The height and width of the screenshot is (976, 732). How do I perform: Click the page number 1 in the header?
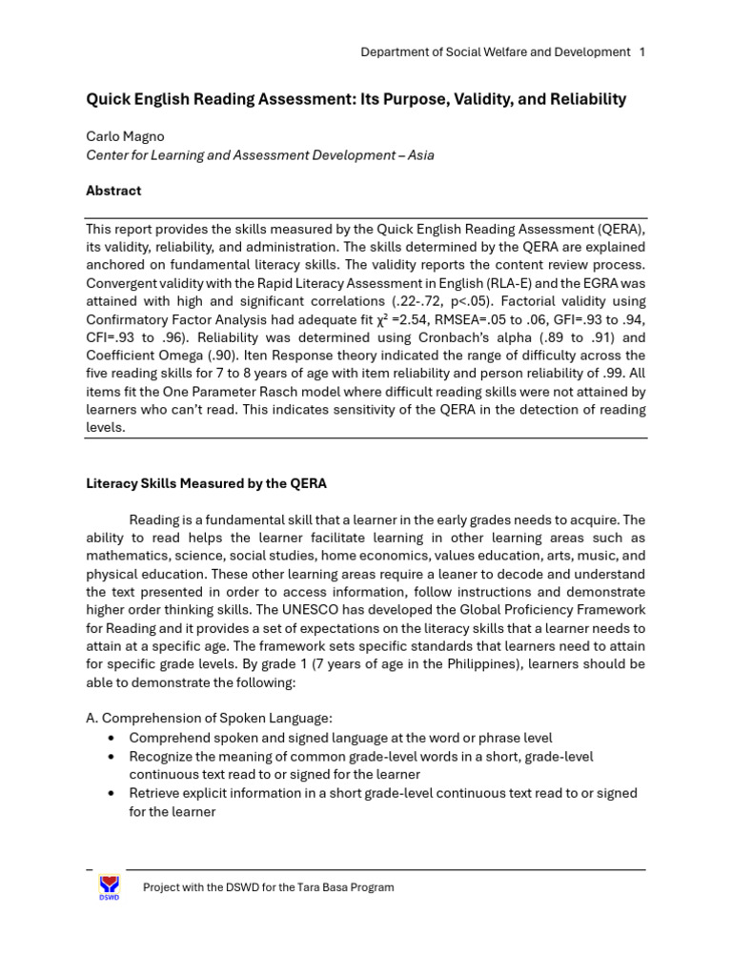click(x=642, y=52)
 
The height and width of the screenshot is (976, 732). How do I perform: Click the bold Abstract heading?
click(x=113, y=191)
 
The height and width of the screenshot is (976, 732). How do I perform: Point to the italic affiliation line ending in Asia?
click(x=259, y=154)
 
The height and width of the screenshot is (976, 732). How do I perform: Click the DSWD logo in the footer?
click(x=110, y=886)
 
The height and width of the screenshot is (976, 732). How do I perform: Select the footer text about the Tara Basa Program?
click(x=268, y=887)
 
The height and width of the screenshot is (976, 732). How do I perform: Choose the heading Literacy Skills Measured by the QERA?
click(x=206, y=483)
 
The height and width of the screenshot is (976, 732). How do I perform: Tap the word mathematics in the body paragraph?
click(x=127, y=556)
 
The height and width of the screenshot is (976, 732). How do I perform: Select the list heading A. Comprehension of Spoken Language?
click(x=209, y=718)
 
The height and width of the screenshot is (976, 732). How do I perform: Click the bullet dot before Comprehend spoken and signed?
click(x=112, y=738)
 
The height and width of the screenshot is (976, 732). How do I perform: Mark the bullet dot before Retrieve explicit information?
click(x=112, y=793)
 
